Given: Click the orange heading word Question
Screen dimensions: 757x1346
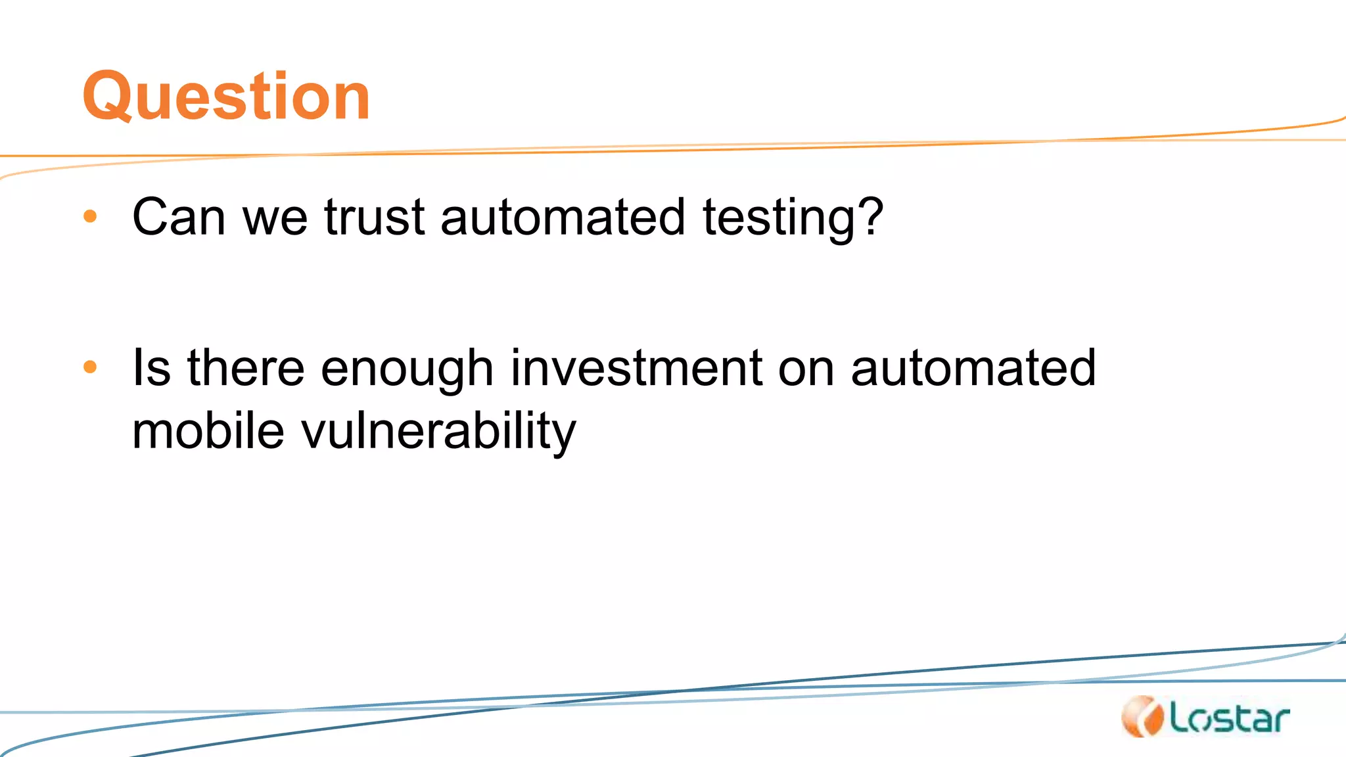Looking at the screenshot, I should click(226, 97).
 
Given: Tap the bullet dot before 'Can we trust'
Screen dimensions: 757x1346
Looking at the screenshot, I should click(91, 216).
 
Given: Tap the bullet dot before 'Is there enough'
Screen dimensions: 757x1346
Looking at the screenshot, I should click(91, 367).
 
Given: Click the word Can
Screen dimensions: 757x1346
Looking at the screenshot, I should click(179, 217).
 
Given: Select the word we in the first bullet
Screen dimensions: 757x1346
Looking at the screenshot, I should click(275, 218).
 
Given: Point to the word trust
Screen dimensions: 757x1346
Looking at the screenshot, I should click(375, 217).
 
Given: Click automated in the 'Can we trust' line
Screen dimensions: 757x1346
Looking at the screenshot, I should click(563, 217).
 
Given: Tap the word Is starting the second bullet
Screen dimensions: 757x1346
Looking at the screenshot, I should click(151, 367).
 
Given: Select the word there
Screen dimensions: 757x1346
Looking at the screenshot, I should click(246, 367).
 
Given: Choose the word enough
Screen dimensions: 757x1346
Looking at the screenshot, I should click(407, 369).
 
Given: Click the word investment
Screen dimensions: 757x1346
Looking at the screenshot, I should click(636, 367).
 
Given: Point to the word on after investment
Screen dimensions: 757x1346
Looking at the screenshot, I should click(806, 369).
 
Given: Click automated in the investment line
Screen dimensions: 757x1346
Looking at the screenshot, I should click(973, 367).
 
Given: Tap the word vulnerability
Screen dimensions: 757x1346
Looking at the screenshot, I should click(438, 432).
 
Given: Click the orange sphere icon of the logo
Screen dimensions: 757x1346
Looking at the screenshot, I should click(1142, 716).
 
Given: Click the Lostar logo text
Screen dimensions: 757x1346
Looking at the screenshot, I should click(1229, 718).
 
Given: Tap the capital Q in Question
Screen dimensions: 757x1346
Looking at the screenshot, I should click(108, 97).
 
